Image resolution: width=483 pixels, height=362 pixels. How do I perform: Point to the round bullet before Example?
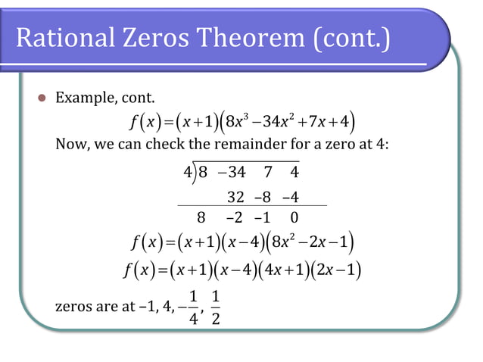click(x=42, y=98)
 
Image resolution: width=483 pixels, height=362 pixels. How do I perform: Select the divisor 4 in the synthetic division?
click(x=188, y=172)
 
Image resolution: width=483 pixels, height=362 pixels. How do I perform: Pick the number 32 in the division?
click(x=235, y=198)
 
